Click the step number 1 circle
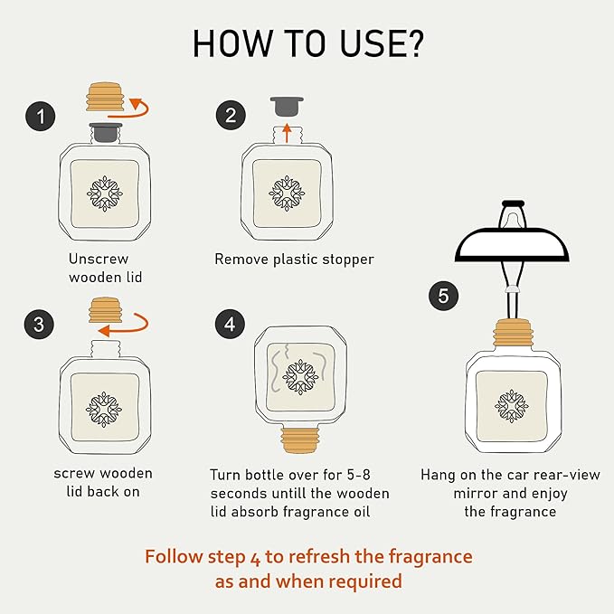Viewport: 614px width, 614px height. pyautogui.click(x=41, y=117)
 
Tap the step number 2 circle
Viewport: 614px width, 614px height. pyautogui.click(x=231, y=115)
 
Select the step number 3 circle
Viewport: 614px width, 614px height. pyautogui.click(x=39, y=325)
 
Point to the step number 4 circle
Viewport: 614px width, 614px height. pyautogui.click(x=230, y=324)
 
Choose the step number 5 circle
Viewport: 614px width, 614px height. pyautogui.click(x=443, y=296)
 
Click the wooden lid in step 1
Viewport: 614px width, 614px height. pyautogui.click(x=105, y=97)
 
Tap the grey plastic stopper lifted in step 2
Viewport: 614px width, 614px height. pyautogui.click(x=287, y=107)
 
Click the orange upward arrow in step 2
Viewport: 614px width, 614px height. pyautogui.click(x=288, y=133)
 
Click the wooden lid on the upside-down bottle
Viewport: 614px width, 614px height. pyautogui.click(x=300, y=440)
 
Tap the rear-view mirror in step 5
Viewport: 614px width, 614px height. pyautogui.click(x=512, y=245)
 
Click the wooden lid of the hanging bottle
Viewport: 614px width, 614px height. pyautogui.click(x=512, y=333)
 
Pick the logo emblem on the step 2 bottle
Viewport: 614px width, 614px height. pyautogui.click(x=287, y=194)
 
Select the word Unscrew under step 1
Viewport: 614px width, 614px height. pyautogui.click(x=99, y=259)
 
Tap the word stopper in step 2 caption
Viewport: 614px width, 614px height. pyautogui.click(x=350, y=260)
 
